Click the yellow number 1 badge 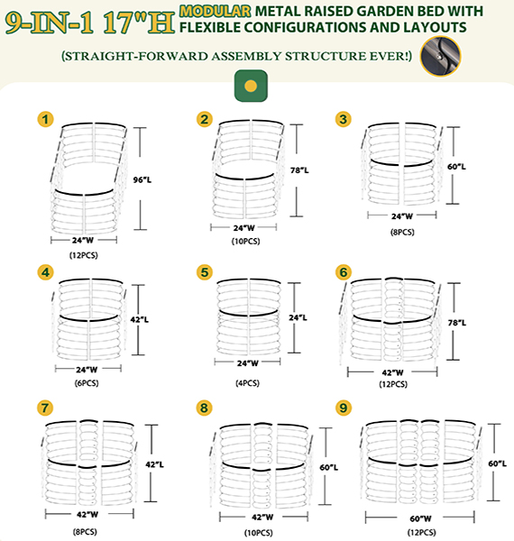point(45,119)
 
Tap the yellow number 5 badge point(204,272)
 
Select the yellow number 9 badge point(344,408)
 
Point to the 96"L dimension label point(142,179)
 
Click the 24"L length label point(298,317)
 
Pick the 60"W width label point(420,518)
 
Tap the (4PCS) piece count point(248,383)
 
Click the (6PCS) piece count point(87,383)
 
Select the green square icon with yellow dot point(251,86)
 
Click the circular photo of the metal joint point(441,56)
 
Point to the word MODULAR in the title point(216,12)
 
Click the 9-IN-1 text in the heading point(50,23)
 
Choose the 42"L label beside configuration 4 point(140,320)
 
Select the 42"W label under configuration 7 point(87,515)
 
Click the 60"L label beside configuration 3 point(456,167)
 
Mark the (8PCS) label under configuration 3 point(402,232)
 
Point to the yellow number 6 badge point(344,272)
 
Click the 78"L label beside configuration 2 point(299,170)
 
